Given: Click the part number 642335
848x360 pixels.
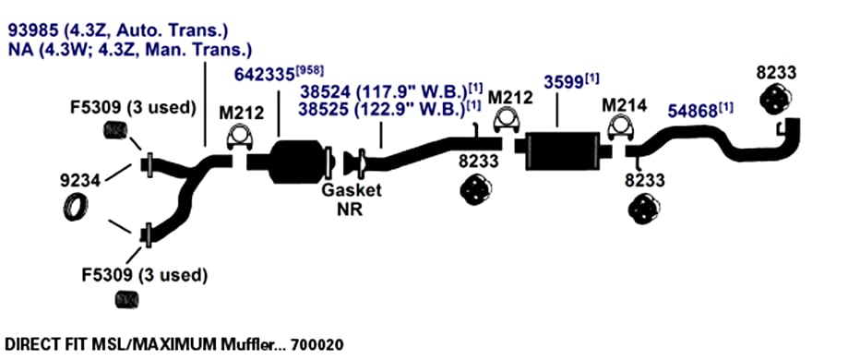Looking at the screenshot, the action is click(265, 75).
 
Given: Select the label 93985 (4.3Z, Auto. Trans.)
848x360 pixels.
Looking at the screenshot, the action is click(117, 30).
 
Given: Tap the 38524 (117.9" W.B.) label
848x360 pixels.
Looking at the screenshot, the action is click(384, 91).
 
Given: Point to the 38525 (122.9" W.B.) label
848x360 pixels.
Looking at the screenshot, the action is click(382, 110).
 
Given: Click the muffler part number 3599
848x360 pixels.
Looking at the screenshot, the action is click(564, 83).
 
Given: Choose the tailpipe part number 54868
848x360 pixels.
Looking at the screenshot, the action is click(692, 111).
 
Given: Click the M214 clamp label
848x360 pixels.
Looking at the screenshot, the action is click(624, 105).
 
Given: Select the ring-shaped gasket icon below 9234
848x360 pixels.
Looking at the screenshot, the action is click(75, 206).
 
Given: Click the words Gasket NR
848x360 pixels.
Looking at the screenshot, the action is click(352, 199).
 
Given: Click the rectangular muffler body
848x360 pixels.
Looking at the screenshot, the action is click(562, 151).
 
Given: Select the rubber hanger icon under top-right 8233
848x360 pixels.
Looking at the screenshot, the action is click(776, 99).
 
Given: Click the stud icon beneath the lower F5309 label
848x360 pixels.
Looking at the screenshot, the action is click(127, 299).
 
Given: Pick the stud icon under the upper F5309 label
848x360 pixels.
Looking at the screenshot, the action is click(114, 130).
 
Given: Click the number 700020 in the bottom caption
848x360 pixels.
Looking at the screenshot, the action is click(317, 343).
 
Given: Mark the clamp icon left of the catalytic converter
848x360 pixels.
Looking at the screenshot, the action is click(238, 137).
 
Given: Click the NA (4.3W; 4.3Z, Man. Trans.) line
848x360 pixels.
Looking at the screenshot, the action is click(130, 51).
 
